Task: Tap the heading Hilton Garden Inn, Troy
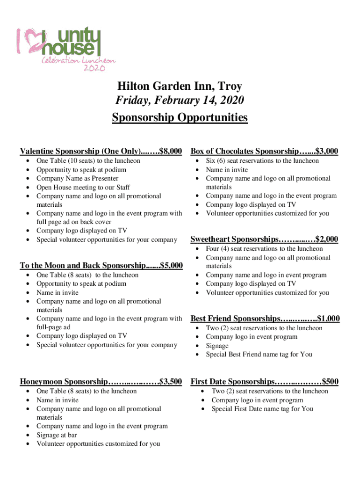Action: pos(180,86)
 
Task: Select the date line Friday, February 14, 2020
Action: pos(180,101)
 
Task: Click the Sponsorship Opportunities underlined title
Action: pos(180,117)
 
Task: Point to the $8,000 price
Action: pos(171,151)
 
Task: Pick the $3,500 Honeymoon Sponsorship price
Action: pos(171,382)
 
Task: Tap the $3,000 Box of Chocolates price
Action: pos(327,151)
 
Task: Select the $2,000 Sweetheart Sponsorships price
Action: pos(327,239)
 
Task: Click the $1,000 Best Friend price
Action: pos(328,319)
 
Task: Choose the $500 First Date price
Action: pos(330,382)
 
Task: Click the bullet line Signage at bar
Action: pos(57,435)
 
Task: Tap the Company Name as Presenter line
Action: pos(77,178)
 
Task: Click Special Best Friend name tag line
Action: pos(259,355)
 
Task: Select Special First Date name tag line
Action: pos(262,409)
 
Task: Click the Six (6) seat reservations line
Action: pos(262,161)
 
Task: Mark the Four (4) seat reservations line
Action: pos(264,249)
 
